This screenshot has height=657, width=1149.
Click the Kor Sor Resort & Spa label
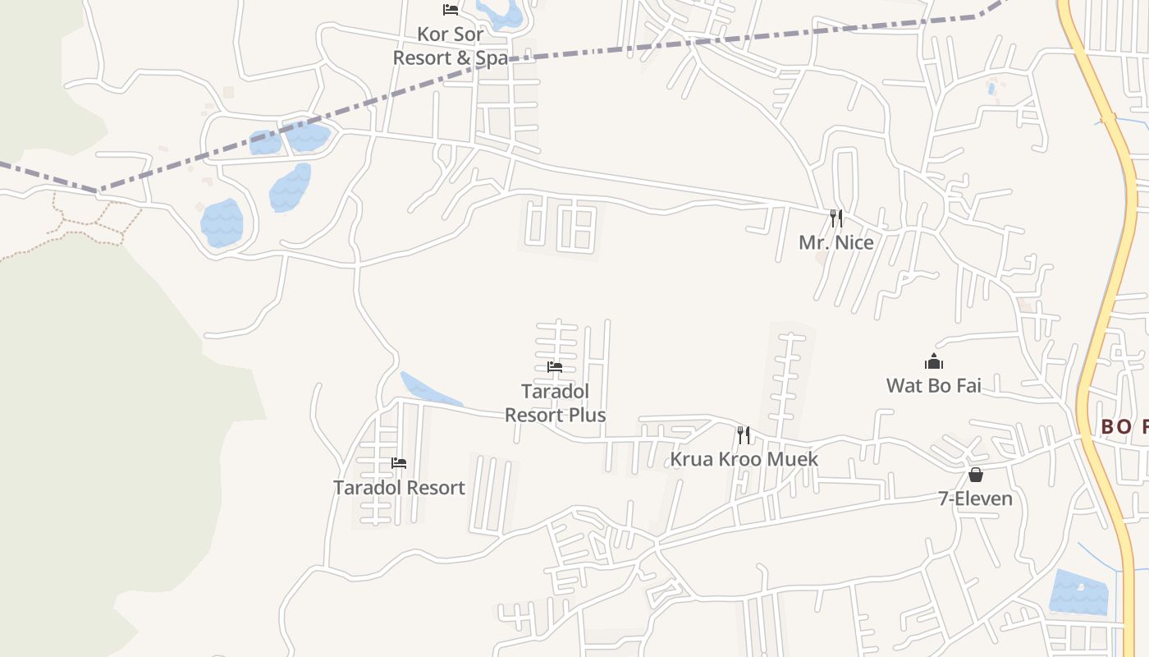click(x=450, y=46)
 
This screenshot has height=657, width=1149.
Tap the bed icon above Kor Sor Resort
click(x=450, y=10)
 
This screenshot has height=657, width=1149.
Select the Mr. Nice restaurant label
click(x=835, y=243)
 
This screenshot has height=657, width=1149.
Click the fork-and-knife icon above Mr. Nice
click(x=835, y=218)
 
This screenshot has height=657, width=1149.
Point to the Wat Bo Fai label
click(x=933, y=385)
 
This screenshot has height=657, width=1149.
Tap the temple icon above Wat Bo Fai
click(x=933, y=361)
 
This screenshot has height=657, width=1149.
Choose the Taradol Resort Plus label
click(x=556, y=403)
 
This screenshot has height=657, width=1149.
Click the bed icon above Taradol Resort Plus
click(x=555, y=367)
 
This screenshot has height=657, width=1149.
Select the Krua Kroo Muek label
click(x=744, y=458)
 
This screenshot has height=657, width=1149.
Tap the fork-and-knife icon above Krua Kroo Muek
click(x=743, y=434)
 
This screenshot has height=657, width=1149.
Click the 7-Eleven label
click(x=975, y=498)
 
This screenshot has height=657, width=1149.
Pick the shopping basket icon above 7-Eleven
click(x=975, y=475)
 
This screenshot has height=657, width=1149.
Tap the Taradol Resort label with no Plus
click(x=399, y=488)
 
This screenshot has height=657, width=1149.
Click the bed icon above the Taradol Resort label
click(x=399, y=463)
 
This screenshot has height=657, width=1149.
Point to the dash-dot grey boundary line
click(x=657, y=45)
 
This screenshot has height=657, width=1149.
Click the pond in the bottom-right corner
click(x=1078, y=592)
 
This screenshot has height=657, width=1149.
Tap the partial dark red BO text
click(x=1124, y=426)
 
